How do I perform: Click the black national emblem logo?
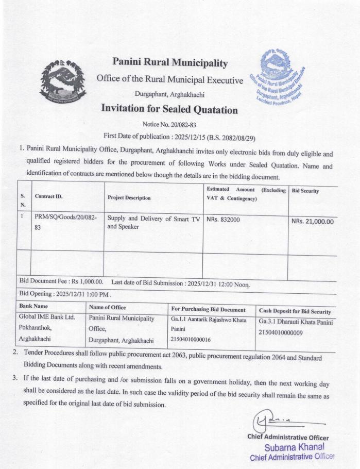63,83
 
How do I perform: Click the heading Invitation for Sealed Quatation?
169,109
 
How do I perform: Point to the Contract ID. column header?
48,197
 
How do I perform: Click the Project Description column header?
129,197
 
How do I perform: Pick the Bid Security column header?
305,191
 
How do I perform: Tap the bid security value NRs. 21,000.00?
313,222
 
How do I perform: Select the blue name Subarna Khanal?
294,447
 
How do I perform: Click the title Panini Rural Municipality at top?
169,63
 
